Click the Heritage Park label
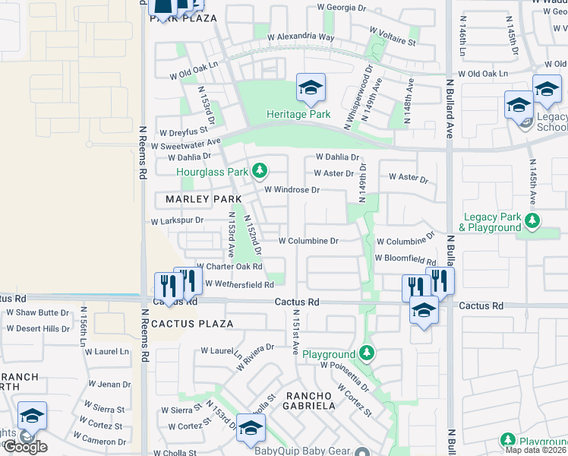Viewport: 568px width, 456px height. coord(298,114)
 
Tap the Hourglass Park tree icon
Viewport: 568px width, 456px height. coord(260,169)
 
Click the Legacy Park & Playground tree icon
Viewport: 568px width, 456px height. coord(532,221)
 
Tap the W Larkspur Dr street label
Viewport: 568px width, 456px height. coord(177,221)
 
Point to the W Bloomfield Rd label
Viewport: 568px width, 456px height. coord(405,258)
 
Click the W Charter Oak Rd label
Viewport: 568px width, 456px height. coord(229,267)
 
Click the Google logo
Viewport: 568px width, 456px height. coord(24,447)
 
